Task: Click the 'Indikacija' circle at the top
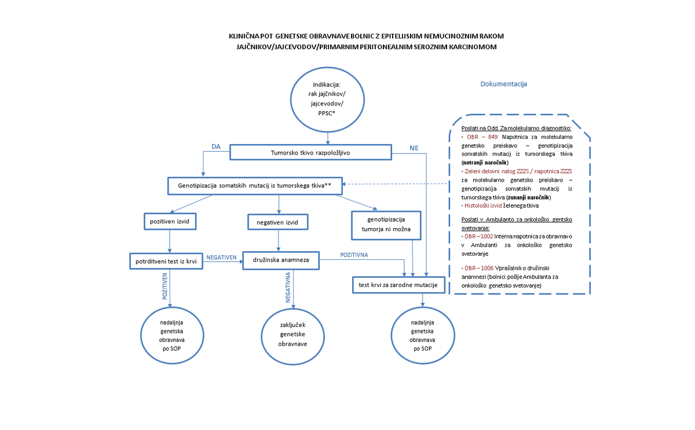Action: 328,99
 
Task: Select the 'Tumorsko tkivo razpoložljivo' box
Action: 311,152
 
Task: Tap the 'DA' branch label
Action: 216,147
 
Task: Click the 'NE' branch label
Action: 414,148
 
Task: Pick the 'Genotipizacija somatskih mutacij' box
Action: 255,185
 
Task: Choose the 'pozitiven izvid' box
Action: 169,221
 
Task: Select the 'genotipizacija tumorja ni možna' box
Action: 385,224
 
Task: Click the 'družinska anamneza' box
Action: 281,261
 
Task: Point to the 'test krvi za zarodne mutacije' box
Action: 398,285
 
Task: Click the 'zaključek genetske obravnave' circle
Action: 293,335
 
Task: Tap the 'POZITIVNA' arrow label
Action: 354,255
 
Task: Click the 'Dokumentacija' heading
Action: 503,84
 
